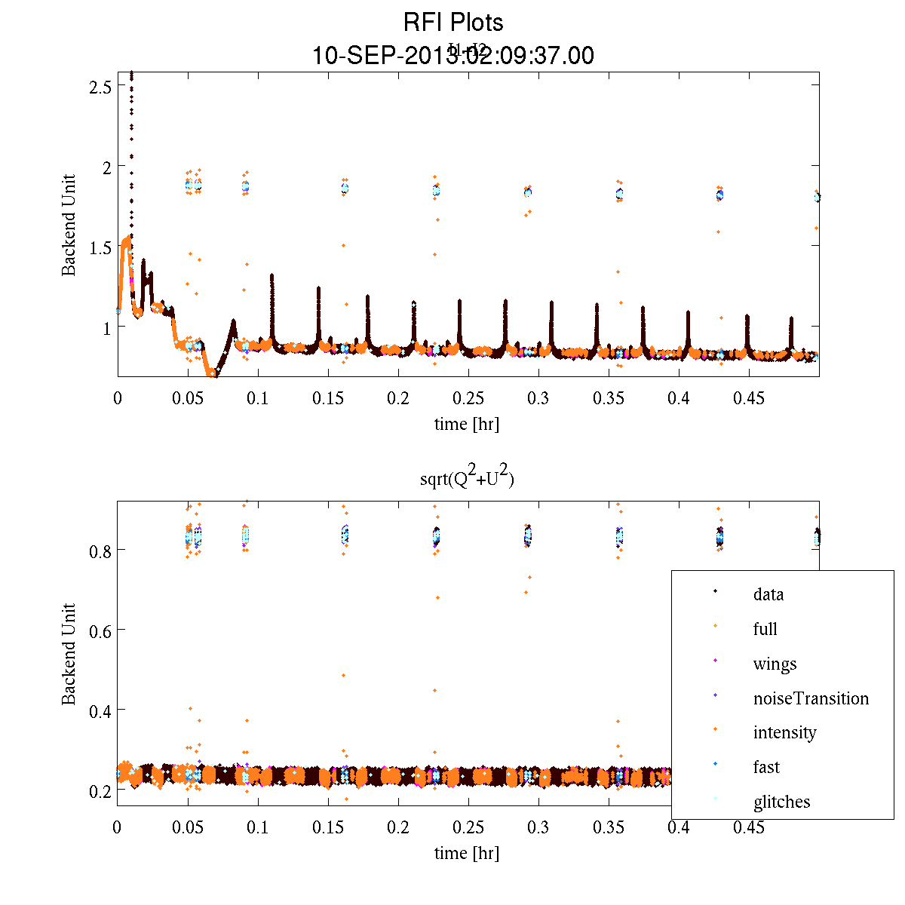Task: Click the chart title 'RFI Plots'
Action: pyautogui.click(x=452, y=22)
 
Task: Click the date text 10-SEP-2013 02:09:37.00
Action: pyautogui.click(x=452, y=56)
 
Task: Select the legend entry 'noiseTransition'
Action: pyautogui.click(x=811, y=698)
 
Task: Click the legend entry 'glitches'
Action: pyautogui.click(x=781, y=802)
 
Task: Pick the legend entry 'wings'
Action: pyautogui.click(x=775, y=664)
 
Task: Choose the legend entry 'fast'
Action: pyautogui.click(x=766, y=767)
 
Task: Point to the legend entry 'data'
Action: pyautogui.click(x=768, y=594)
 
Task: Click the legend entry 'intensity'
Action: pyautogui.click(x=784, y=732)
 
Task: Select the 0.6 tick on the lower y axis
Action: pyautogui.click(x=100, y=630)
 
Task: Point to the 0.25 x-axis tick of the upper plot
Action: pyautogui.click(x=468, y=398)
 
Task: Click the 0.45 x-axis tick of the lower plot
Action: pyautogui.click(x=749, y=828)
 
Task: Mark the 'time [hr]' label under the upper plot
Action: pyautogui.click(x=467, y=424)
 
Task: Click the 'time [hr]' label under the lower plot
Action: pyautogui.click(x=467, y=853)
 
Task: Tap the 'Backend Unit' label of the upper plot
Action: pyautogui.click(x=69, y=225)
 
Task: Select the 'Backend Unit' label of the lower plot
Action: pyautogui.click(x=69, y=654)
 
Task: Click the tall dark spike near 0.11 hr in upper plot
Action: pyautogui.click(x=271, y=302)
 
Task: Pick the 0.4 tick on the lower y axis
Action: pyautogui.click(x=100, y=710)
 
